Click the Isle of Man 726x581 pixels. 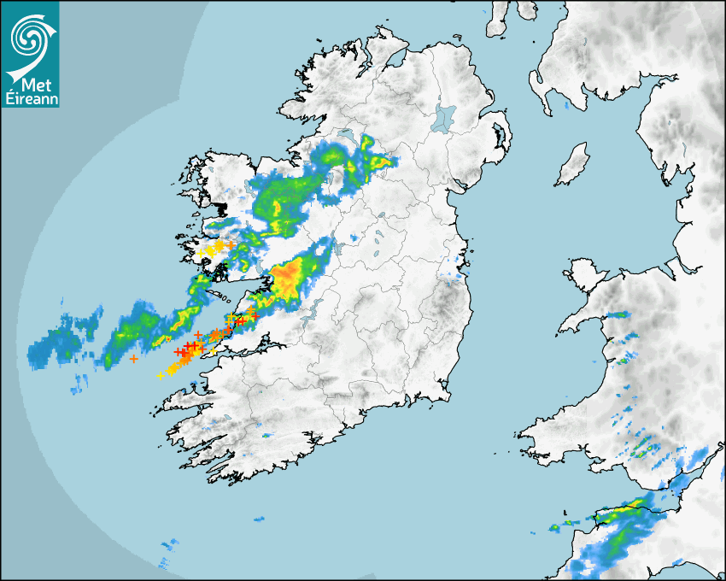pyautogui.click(x=573, y=165)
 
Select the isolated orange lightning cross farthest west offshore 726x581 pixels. pyautogui.click(x=133, y=359)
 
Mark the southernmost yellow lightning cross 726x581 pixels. pyautogui.click(x=161, y=376)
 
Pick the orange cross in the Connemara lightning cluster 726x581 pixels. pyautogui.click(x=230, y=245)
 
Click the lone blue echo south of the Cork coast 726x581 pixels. pyautogui.click(x=258, y=519)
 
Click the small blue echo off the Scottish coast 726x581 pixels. pyautogui.click(x=566, y=107)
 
